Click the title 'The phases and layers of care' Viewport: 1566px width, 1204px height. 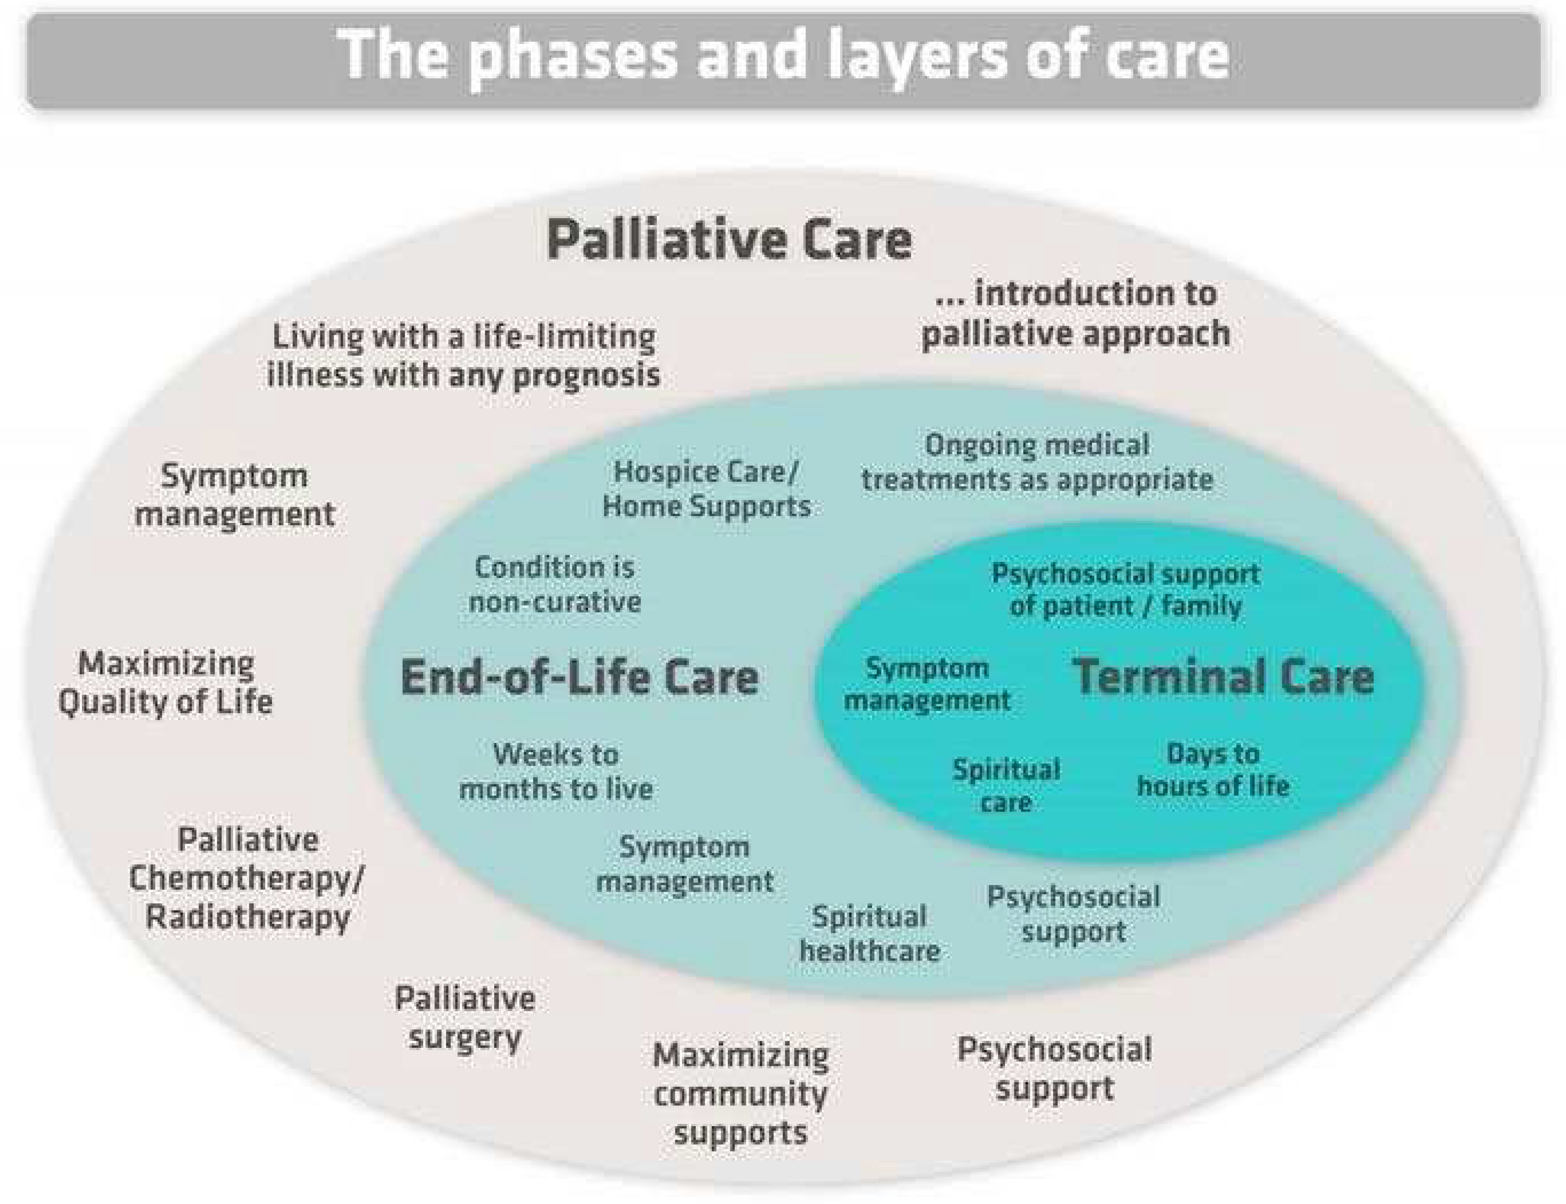tap(783, 56)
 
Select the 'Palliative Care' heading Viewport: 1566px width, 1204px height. tap(729, 240)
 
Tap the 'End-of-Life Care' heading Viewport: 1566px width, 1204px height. tap(579, 677)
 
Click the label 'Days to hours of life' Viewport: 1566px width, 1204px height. tap(1213, 770)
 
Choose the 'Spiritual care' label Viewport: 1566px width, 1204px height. tap(1006, 786)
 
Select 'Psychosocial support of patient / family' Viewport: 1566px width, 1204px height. tap(1126, 590)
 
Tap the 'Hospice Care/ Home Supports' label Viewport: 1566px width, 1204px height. tap(707, 489)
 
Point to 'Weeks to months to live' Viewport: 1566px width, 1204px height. tap(556, 772)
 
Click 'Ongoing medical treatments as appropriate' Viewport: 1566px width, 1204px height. tap(1037, 462)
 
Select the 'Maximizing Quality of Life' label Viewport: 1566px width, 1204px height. tap(166, 682)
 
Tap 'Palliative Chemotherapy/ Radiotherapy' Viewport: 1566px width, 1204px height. tap(247, 878)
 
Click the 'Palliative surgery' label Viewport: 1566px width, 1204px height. tap(465, 1017)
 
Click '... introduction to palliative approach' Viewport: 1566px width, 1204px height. tap(1075, 314)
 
